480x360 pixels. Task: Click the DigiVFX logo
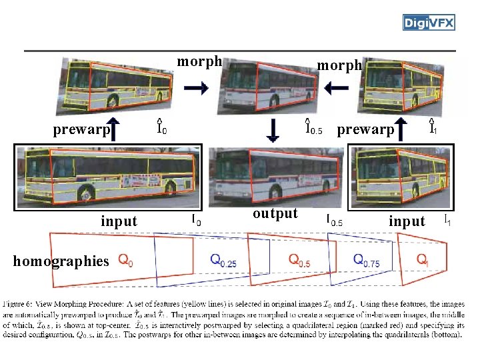coord(429,23)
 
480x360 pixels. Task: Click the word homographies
coord(60,261)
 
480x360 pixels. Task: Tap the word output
coord(275,213)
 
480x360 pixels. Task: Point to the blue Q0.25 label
coord(223,259)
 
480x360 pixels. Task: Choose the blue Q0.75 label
coord(367,259)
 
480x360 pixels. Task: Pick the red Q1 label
coord(422,259)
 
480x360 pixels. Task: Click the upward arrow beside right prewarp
coord(401,129)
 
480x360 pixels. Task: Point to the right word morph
coord(339,65)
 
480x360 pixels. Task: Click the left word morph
coord(199,62)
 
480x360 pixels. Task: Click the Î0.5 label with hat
coord(313,127)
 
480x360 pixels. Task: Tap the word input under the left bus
coord(119,221)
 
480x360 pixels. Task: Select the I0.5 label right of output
coord(334,219)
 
